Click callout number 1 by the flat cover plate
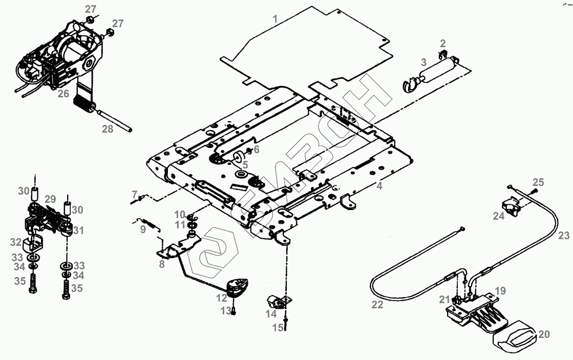click(275, 19)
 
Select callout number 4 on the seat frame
click(379, 186)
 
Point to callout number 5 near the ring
click(245, 165)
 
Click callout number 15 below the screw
click(278, 328)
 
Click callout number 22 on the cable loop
click(377, 304)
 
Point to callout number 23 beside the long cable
click(563, 236)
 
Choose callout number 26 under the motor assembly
click(63, 94)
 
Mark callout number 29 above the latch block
click(50, 199)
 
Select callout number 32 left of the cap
click(16, 242)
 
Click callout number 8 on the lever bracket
click(162, 264)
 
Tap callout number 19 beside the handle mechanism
click(500, 291)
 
